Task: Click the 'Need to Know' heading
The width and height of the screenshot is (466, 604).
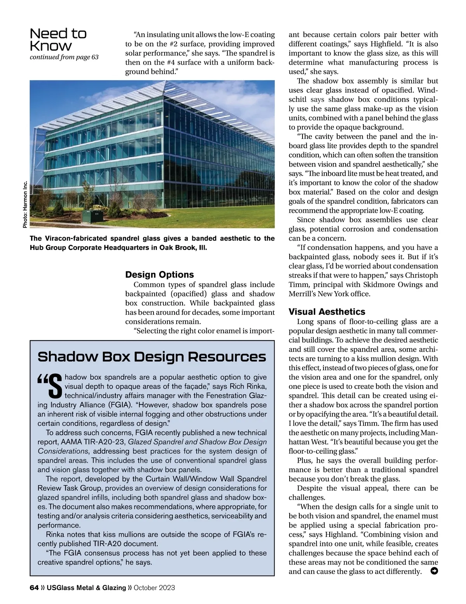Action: point(58,40)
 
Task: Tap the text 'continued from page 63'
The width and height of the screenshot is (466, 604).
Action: point(64,57)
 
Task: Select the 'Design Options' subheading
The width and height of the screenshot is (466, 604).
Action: point(159,275)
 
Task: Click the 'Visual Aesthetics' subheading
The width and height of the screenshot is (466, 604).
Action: point(327,312)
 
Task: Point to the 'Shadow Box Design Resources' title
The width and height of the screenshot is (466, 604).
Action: point(152,357)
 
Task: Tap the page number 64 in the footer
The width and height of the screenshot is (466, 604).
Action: point(34,588)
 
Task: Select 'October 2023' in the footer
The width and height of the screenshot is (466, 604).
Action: point(154,588)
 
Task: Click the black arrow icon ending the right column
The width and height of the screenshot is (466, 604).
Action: point(435,571)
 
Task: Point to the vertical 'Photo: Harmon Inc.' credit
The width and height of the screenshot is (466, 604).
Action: point(25,204)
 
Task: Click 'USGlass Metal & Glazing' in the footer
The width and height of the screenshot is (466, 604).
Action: point(86,588)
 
